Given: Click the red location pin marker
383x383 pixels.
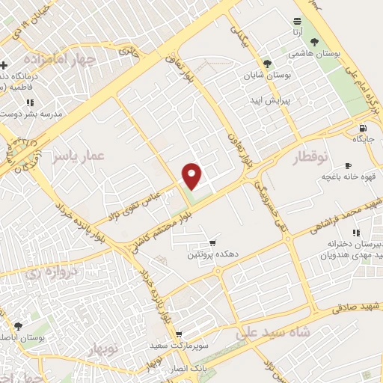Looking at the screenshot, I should point(193,176).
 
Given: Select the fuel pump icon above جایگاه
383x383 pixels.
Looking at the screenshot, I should point(363,128).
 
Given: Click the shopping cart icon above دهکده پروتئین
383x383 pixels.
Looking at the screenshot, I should point(212,243).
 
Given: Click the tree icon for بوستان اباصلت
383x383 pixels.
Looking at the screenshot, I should point(18,326).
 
